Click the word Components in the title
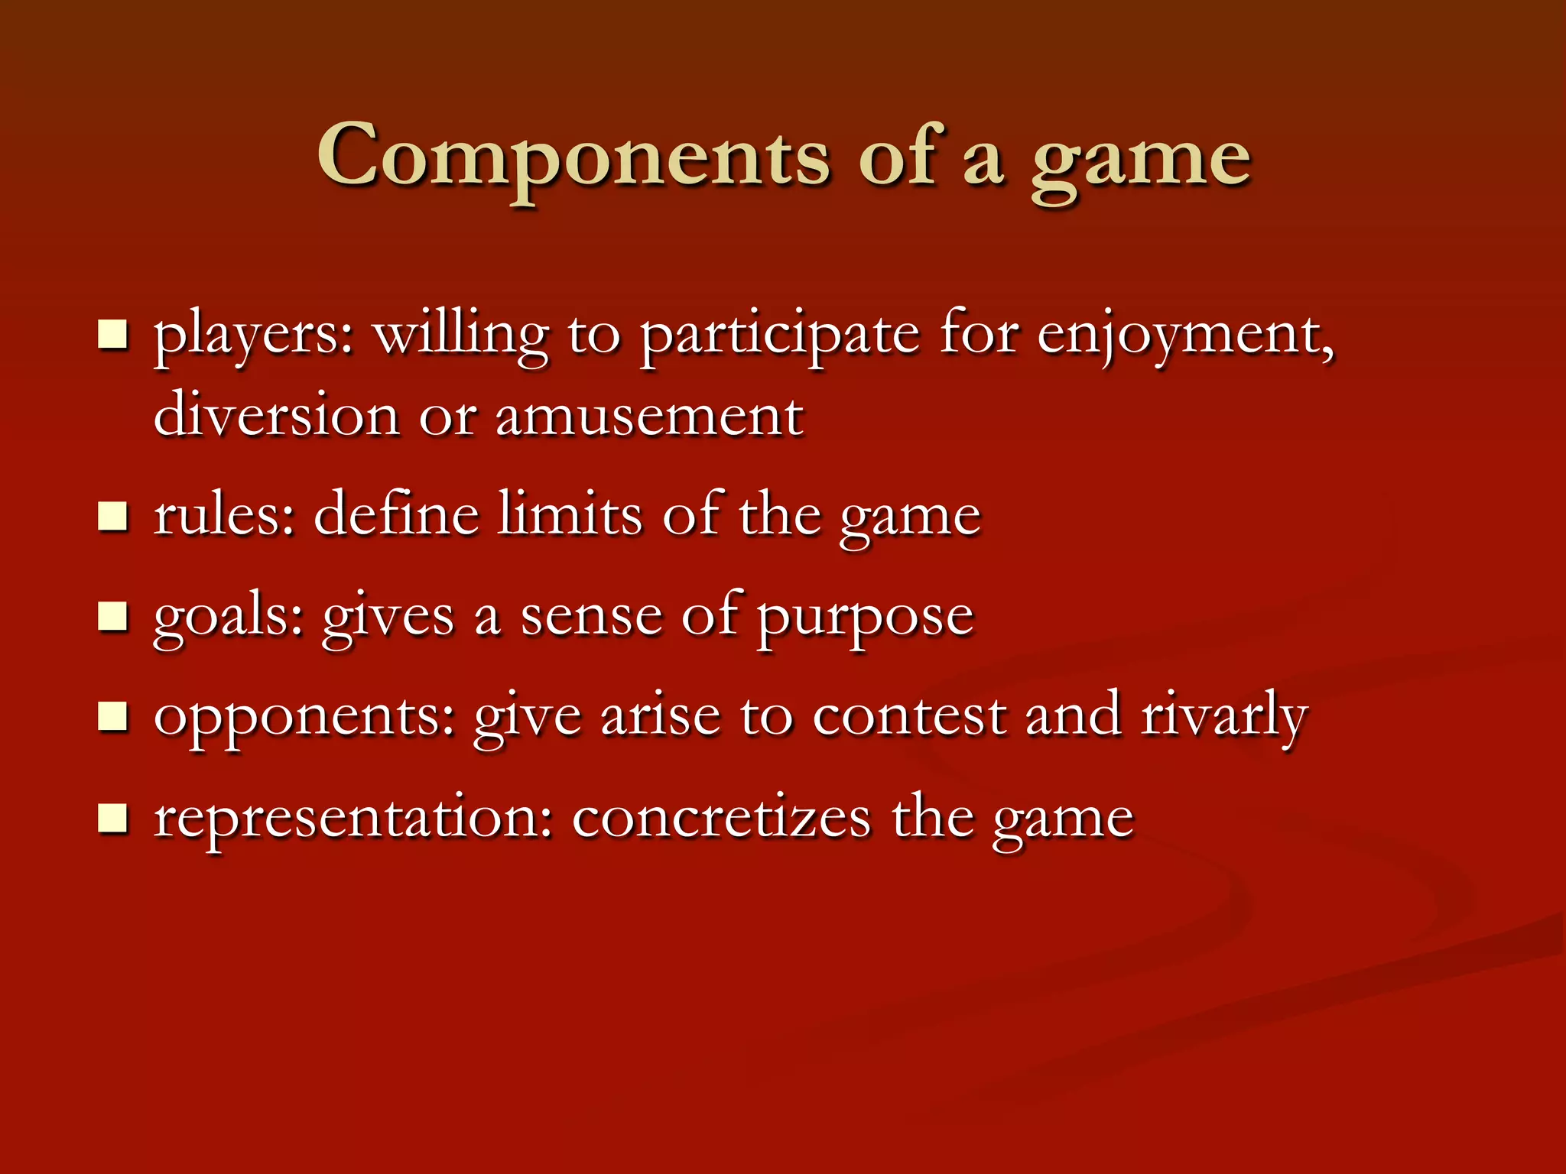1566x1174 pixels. (573, 157)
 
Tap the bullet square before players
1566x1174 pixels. (112, 335)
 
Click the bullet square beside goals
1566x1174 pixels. (112, 616)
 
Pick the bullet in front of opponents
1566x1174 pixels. (112, 717)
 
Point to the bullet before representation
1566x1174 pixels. (112, 818)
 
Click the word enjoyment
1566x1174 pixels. (1184, 336)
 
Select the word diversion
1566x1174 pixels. (276, 417)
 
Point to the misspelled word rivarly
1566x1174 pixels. (1224, 717)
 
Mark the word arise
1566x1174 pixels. (661, 717)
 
